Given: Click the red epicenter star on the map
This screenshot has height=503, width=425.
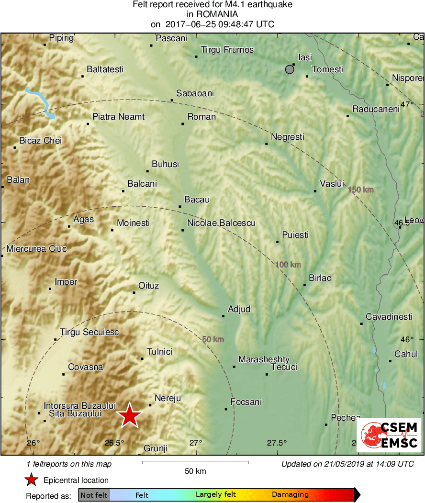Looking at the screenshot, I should coord(129,415).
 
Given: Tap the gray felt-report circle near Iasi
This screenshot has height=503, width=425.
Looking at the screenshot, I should coord(290,70).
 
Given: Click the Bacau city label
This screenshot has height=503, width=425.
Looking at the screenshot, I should coord(197,200).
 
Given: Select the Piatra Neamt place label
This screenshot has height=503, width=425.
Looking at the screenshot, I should coord(118,117).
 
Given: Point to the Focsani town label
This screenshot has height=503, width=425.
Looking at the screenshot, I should coord(246,402).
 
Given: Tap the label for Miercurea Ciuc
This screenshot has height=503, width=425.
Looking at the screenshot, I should coord(36,249).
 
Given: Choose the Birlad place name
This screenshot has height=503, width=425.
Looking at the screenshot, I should coord(320,278).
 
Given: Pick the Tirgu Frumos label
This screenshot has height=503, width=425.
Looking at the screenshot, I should coord(227,50).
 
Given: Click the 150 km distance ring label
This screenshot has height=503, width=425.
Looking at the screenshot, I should coord(360,190).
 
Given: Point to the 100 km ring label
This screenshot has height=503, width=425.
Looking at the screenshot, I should coord(288,265).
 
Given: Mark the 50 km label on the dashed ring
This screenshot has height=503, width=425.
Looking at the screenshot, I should coord(213,340).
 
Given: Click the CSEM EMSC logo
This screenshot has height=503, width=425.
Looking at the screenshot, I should coord(389,435).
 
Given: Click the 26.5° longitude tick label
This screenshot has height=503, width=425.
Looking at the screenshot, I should coord(114,443).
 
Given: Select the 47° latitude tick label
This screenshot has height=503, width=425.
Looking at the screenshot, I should coord(407,104).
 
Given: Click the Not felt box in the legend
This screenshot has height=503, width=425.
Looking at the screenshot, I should coord(94,495).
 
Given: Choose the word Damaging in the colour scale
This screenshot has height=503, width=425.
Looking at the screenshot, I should coord(290,495).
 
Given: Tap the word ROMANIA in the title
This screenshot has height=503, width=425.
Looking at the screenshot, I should coord(212,14).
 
